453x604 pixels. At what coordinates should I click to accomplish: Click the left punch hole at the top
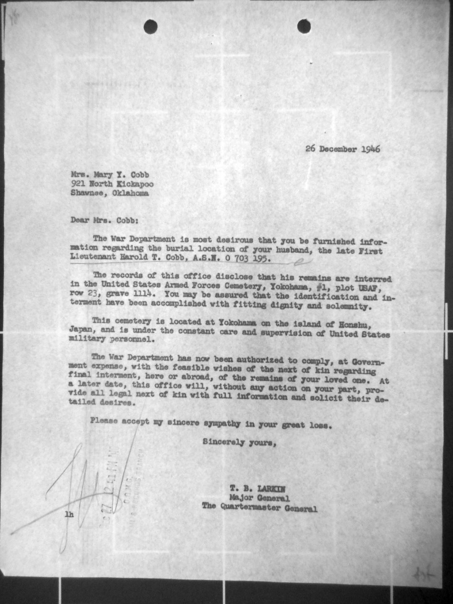(x=150, y=27)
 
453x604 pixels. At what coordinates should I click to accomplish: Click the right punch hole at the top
(x=304, y=26)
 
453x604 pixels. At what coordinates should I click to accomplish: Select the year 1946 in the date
(x=371, y=149)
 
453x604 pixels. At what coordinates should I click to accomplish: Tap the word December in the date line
(x=338, y=149)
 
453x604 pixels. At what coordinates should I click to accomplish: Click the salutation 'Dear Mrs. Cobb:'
(x=104, y=220)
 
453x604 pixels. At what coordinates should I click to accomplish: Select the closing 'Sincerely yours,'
(x=239, y=442)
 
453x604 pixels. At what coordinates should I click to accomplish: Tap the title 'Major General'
(x=259, y=498)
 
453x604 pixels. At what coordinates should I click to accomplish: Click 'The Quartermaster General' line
(x=259, y=508)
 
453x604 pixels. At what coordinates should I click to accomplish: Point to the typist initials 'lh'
(x=69, y=515)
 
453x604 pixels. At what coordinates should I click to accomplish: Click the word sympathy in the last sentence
(x=222, y=424)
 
